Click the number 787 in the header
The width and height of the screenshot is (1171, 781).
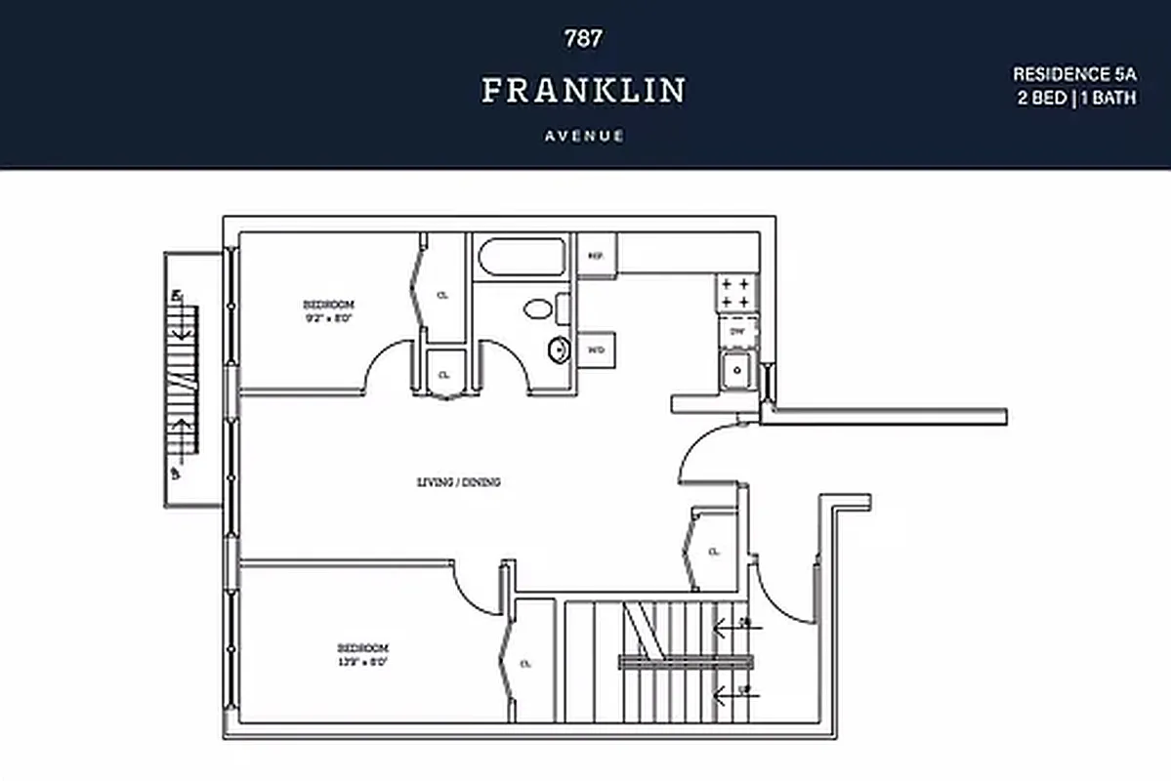tap(583, 39)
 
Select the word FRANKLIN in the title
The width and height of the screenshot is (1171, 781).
tap(583, 91)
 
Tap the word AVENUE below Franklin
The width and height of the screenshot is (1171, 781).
tap(583, 136)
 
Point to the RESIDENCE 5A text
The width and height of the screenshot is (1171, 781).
tap(1073, 74)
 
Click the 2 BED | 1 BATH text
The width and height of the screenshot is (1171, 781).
tap(1076, 99)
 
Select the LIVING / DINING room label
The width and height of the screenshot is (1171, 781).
tap(459, 481)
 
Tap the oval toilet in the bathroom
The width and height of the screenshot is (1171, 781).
tap(537, 309)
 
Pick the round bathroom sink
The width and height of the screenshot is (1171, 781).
tap(560, 349)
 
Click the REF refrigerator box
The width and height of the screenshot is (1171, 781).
tap(595, 256)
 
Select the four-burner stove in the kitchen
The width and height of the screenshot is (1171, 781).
tap(737, 293)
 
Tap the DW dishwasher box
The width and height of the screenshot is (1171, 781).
tap(737, 331)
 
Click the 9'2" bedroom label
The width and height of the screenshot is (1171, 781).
tap(327, 309)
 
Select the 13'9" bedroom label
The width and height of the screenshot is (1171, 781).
tap(362, 654)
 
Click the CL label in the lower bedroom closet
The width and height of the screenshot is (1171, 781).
tap(525, 664)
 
